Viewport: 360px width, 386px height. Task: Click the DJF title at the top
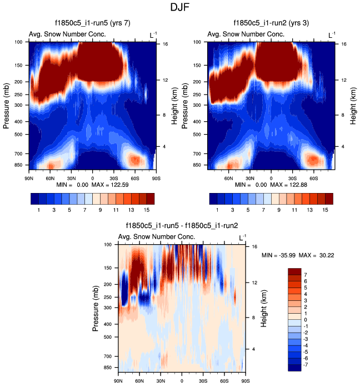[180, 8]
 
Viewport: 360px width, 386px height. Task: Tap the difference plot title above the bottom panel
[181, 226]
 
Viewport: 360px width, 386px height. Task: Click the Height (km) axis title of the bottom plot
[265, 306]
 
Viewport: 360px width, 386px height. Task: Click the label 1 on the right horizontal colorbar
[216, 210]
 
